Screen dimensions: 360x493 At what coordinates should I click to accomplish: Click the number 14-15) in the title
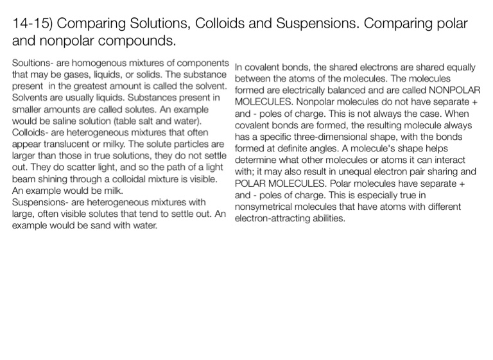click(x=33, y=24)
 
